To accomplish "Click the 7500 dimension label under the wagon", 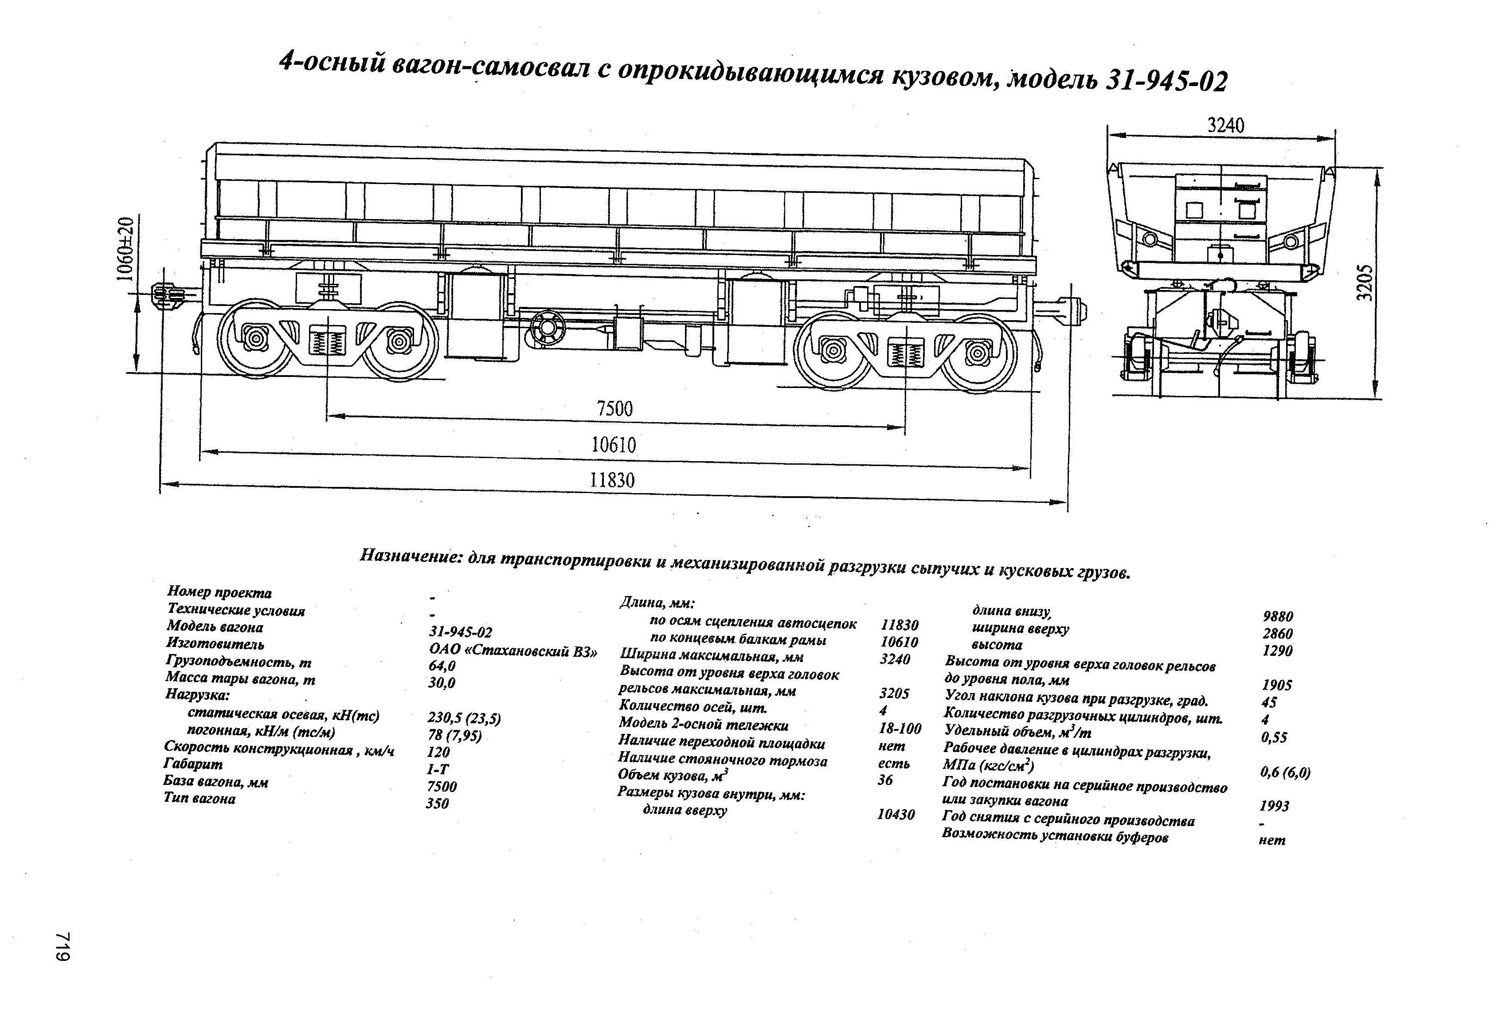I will pos(614,408).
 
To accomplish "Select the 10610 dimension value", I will pos(613,445).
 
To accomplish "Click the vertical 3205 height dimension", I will pos(1364,282).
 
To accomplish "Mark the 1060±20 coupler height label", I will pos(125,249).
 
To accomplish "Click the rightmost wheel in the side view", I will pos(977,352).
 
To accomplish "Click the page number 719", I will pos(62,947).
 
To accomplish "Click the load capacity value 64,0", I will pos(442,666).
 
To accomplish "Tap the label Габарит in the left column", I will pos(193,764).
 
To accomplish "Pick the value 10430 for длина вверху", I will pos(896,815).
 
